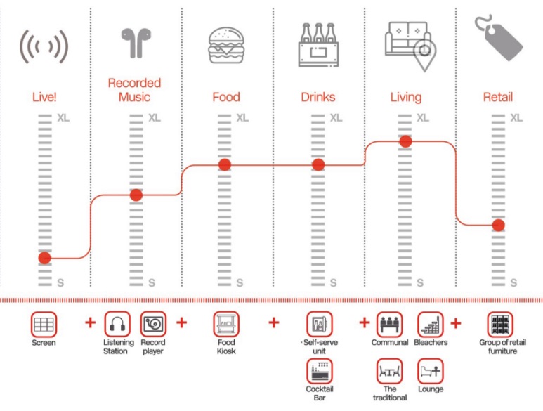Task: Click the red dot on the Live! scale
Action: click(44, 258)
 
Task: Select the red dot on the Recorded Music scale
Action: click(136, 195)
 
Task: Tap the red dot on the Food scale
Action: click(225, 164)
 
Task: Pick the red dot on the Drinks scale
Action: click(318, 164)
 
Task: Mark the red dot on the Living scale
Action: click(405, 141)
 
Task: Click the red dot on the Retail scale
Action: click(498, 225)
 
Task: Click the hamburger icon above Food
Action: click(225, 46)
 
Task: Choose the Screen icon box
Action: click(44, 325)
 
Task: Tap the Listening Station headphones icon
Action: click(117, 325)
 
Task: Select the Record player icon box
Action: click(153, 325)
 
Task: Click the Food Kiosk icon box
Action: click(225, 325)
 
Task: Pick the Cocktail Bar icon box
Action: click(319, 370)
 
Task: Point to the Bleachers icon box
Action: click(430, 325)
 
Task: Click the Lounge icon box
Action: click(430, 370)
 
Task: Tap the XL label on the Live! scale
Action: click(63, 117)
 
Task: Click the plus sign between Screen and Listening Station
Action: click(90, 322)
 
